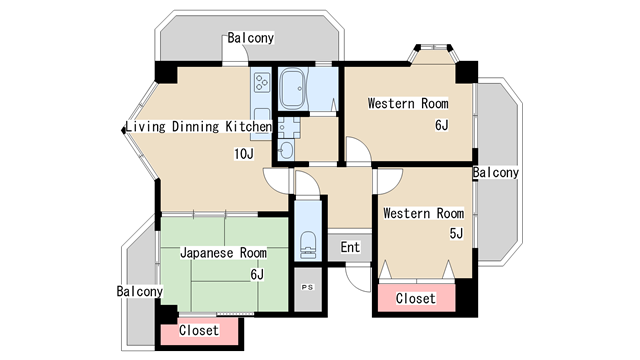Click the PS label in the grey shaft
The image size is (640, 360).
pyautogui.click(x=307, y=287)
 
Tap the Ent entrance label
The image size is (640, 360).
pyautogui.click(x=350, y=247)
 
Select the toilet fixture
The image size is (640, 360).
pyautogui.click(x=308, y=245)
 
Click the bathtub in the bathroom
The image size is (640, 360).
pyautogui.click(x=293, y=89)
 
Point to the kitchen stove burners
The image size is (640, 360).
pyautogui.click(x=262, y=82)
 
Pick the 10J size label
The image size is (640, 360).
pyautogui.click(x=244, y=154)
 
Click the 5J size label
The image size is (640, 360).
pyautogui.click(x=456, y=233)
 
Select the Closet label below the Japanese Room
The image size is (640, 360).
pyautogui.click(x=199, y=330)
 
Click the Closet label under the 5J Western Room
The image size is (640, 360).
pyautogui.click(x=416, y=298)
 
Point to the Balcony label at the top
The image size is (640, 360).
pyautogui.click(x=250, y=38)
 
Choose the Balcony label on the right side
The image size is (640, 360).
pyautogui.click(x=496, y=173)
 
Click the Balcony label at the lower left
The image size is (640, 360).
pyautogui.click(x=140, y=291)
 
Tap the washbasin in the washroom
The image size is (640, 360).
pyautogui.click(x=285, y=151)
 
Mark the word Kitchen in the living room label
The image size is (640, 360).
pyautogui.click(x=249, y=127)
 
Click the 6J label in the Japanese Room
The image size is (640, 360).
pyautogui.click(x=257, y=275)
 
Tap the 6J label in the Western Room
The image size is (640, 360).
pyautogui.click(x=442, y=125)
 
